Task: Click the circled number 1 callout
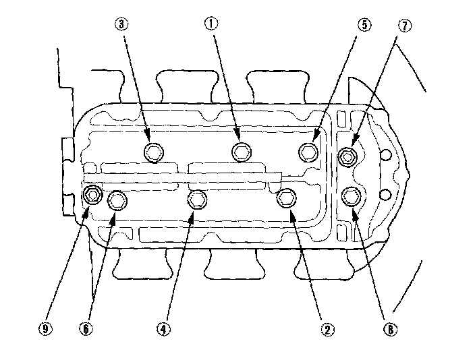(x=211, y=24)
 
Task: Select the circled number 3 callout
(x=121, y=24)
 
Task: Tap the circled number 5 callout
(x=364, y=25)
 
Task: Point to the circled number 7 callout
(x=405, y=26)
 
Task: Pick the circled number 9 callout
(x=45, y=329)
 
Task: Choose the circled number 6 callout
(x=86, y=329)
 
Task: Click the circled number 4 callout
(x=163, y=329)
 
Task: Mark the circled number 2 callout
(x=327, y=330)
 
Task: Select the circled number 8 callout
(x=391, y=330)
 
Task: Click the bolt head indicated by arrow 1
(x=241, y=152)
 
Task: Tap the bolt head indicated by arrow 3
(x=154, y=152)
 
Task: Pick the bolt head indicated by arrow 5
(x=309, y=152)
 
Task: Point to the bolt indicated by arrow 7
(x=347, y=157)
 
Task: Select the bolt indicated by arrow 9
(x=92, y=194)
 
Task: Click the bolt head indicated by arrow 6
(x=117, y=201)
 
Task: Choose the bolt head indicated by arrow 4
(x=198, y=200)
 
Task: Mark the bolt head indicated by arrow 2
(x=286, y=198)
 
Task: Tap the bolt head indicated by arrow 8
(x=351, y=196)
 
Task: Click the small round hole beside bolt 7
(x=386, y=154)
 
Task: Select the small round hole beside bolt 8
(x=385, y=194)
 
